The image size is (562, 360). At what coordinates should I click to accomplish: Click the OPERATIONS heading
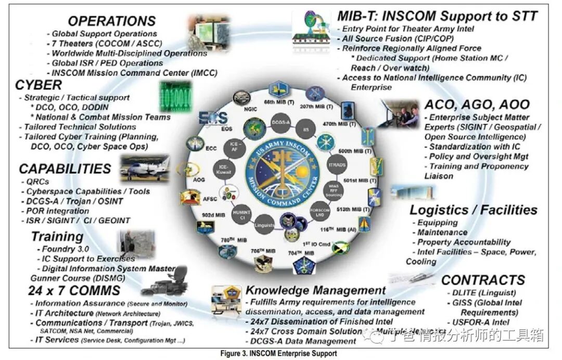click(112, 21)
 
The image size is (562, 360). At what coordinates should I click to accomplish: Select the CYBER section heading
click(39, 85)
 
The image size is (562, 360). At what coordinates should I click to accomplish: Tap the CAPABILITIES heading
click(65, 169)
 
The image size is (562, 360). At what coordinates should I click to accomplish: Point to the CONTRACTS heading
click(483, 280)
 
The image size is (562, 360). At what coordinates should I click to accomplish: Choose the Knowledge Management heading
click(316, 290)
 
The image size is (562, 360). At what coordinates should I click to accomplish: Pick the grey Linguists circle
click(265, 225)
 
